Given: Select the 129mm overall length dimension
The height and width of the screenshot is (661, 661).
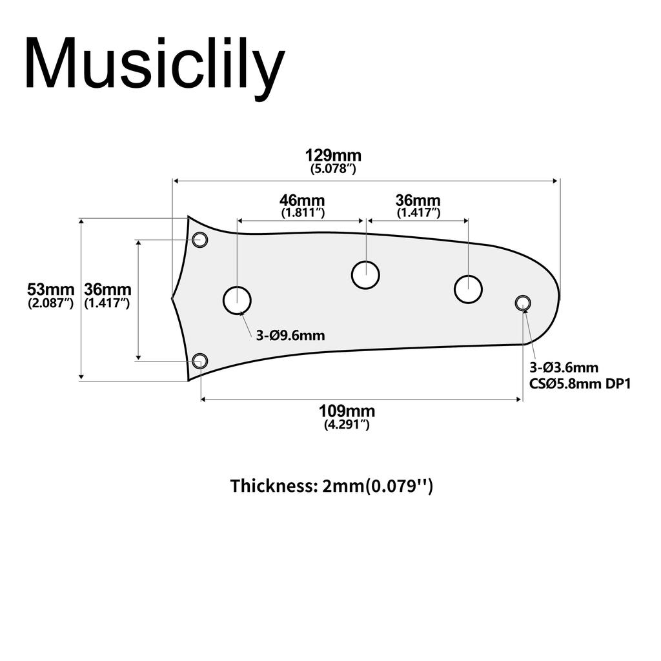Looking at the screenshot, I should (x=333, y=156).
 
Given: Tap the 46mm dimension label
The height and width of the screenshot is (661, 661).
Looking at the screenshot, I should (x=302, y=201).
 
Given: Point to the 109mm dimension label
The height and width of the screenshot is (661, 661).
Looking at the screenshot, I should (x=347, y=411).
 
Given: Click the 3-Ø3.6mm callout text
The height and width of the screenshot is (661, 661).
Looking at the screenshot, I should (x=564, y=368).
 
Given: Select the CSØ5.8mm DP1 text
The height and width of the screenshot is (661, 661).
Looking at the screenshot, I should (x=579, y=383).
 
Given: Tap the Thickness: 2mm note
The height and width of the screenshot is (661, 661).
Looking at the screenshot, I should (x=331, y=485).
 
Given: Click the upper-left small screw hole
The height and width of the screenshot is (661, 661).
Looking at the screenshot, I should (x=200, y=240).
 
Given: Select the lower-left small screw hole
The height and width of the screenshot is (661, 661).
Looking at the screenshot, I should (x=200, y=361).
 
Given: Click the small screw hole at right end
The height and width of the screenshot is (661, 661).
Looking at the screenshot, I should (x=522, y=302).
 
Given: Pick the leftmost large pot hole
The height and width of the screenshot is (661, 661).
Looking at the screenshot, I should (x=237, y=300).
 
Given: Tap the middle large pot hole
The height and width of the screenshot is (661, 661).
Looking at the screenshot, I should (x=365, y=275).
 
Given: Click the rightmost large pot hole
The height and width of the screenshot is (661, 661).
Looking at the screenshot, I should (x=468, y=289).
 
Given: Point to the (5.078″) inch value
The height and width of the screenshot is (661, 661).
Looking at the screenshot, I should (x=333, y=169).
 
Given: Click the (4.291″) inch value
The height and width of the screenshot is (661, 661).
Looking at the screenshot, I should (x=347, y=425).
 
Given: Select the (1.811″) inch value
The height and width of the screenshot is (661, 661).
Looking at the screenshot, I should (x=302, y=212).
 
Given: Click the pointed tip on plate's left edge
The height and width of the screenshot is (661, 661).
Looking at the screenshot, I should (x=172, y=298).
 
